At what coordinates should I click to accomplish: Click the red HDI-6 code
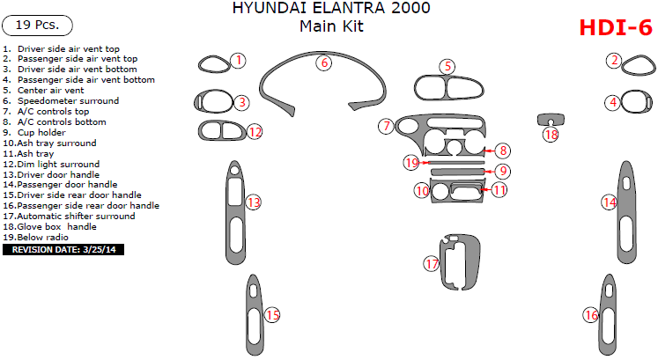pyautogui.click(x=616, y=28)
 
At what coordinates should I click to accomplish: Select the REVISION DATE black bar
pyautogui.click(x=65, y=250)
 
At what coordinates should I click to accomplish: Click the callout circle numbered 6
pyautogui.click(x=324, y=62)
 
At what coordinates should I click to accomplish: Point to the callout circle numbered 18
pyautogui.click(x=551, y=135)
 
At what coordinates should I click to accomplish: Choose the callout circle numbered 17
pyautogui.click(x=432, y=263)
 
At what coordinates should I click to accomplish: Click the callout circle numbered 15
pyautogui.click(x=272, y=315)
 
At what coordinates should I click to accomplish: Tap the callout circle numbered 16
pyautogui.click(x=590, y=315)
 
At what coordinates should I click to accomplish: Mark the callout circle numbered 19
pyautogui.click(x=411, y=162)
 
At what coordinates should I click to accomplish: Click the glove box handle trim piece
pyautogui.click(x=550, y=119)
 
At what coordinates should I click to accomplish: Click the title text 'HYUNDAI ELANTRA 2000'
pyautogui.click(x=332, y=9)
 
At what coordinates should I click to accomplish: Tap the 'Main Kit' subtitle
pyautogui.click(x=331, y=26)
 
